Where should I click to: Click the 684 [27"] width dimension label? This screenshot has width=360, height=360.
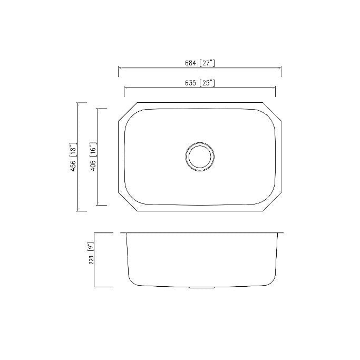[199, 63]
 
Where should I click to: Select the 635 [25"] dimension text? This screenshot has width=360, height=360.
[199, 83]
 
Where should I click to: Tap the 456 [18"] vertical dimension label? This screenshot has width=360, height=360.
[74, 157]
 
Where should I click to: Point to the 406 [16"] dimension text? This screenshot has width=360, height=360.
[93, 157]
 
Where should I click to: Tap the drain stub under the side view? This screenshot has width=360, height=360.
[200, 288]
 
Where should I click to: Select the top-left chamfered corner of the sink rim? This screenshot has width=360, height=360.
[128, 112]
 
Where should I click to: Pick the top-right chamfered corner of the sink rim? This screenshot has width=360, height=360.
[271, 112]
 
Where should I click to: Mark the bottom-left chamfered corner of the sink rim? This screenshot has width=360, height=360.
[128, 202]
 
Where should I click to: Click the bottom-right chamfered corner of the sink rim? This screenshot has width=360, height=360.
[271, 202]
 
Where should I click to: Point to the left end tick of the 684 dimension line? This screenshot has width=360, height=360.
[118, 68]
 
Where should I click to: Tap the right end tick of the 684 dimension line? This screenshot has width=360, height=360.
[281, 68]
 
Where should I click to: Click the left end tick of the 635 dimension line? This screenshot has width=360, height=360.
[124, 88]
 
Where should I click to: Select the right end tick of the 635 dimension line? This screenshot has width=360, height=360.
[275, 88]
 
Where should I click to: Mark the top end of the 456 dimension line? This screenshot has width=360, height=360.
[79, 103]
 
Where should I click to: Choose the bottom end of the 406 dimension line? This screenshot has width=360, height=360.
[98, 205]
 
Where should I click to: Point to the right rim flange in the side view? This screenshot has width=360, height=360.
[280, 233]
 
